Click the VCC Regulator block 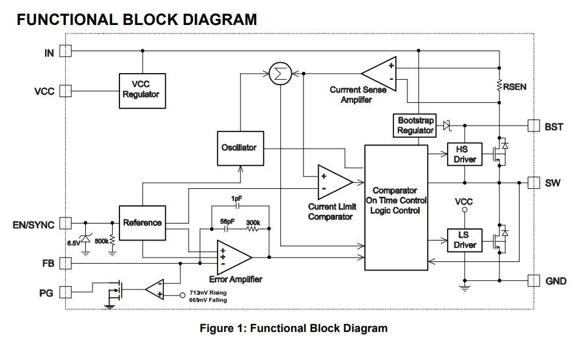click(x=141, y=90)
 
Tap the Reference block click(x=142, y=223)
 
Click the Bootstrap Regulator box click(x=415, y=125)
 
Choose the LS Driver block click(x=465, y=241)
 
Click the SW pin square click(x=534, y=182)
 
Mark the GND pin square click(x=534, y=280)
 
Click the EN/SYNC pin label click(x=34, y=224)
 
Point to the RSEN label click(x=515, y=87)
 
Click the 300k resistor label click(x=253, y=223)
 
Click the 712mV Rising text click(x=209, y=293)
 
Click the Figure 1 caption click(x=294, y=328)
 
